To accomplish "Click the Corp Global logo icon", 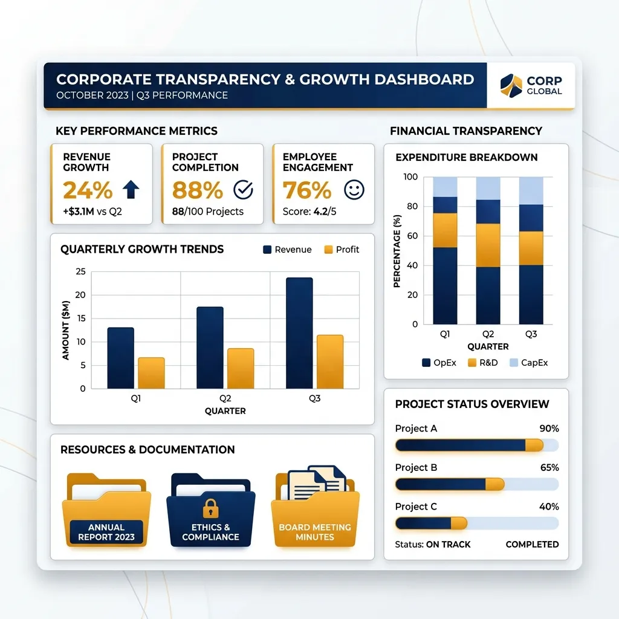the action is tap(511, 85).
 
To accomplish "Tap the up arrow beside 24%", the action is tap(131, 189).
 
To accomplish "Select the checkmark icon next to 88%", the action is tap(243, 189).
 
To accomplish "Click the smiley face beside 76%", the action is tap(354, 189).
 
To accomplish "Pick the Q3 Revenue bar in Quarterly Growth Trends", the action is tap(299, 333).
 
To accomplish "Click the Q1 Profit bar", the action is tap(151, 373).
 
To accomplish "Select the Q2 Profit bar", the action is tap(241, 369).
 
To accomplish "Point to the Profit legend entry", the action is tap(342, 250).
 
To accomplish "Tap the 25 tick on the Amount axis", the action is tap(80, 271).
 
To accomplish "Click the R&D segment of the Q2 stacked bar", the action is tap(488, 245).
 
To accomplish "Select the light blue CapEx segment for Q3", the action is tap(531, 190).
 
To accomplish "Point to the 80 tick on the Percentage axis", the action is tap(412, 206).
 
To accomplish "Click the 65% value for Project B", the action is tap(549, 468).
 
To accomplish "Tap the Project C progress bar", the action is tap(477, 523).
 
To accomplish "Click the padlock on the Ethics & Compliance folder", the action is tap(210, 508).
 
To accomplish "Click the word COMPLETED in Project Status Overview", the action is tap(532, 545).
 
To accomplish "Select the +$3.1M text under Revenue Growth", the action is tap(79, 212).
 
